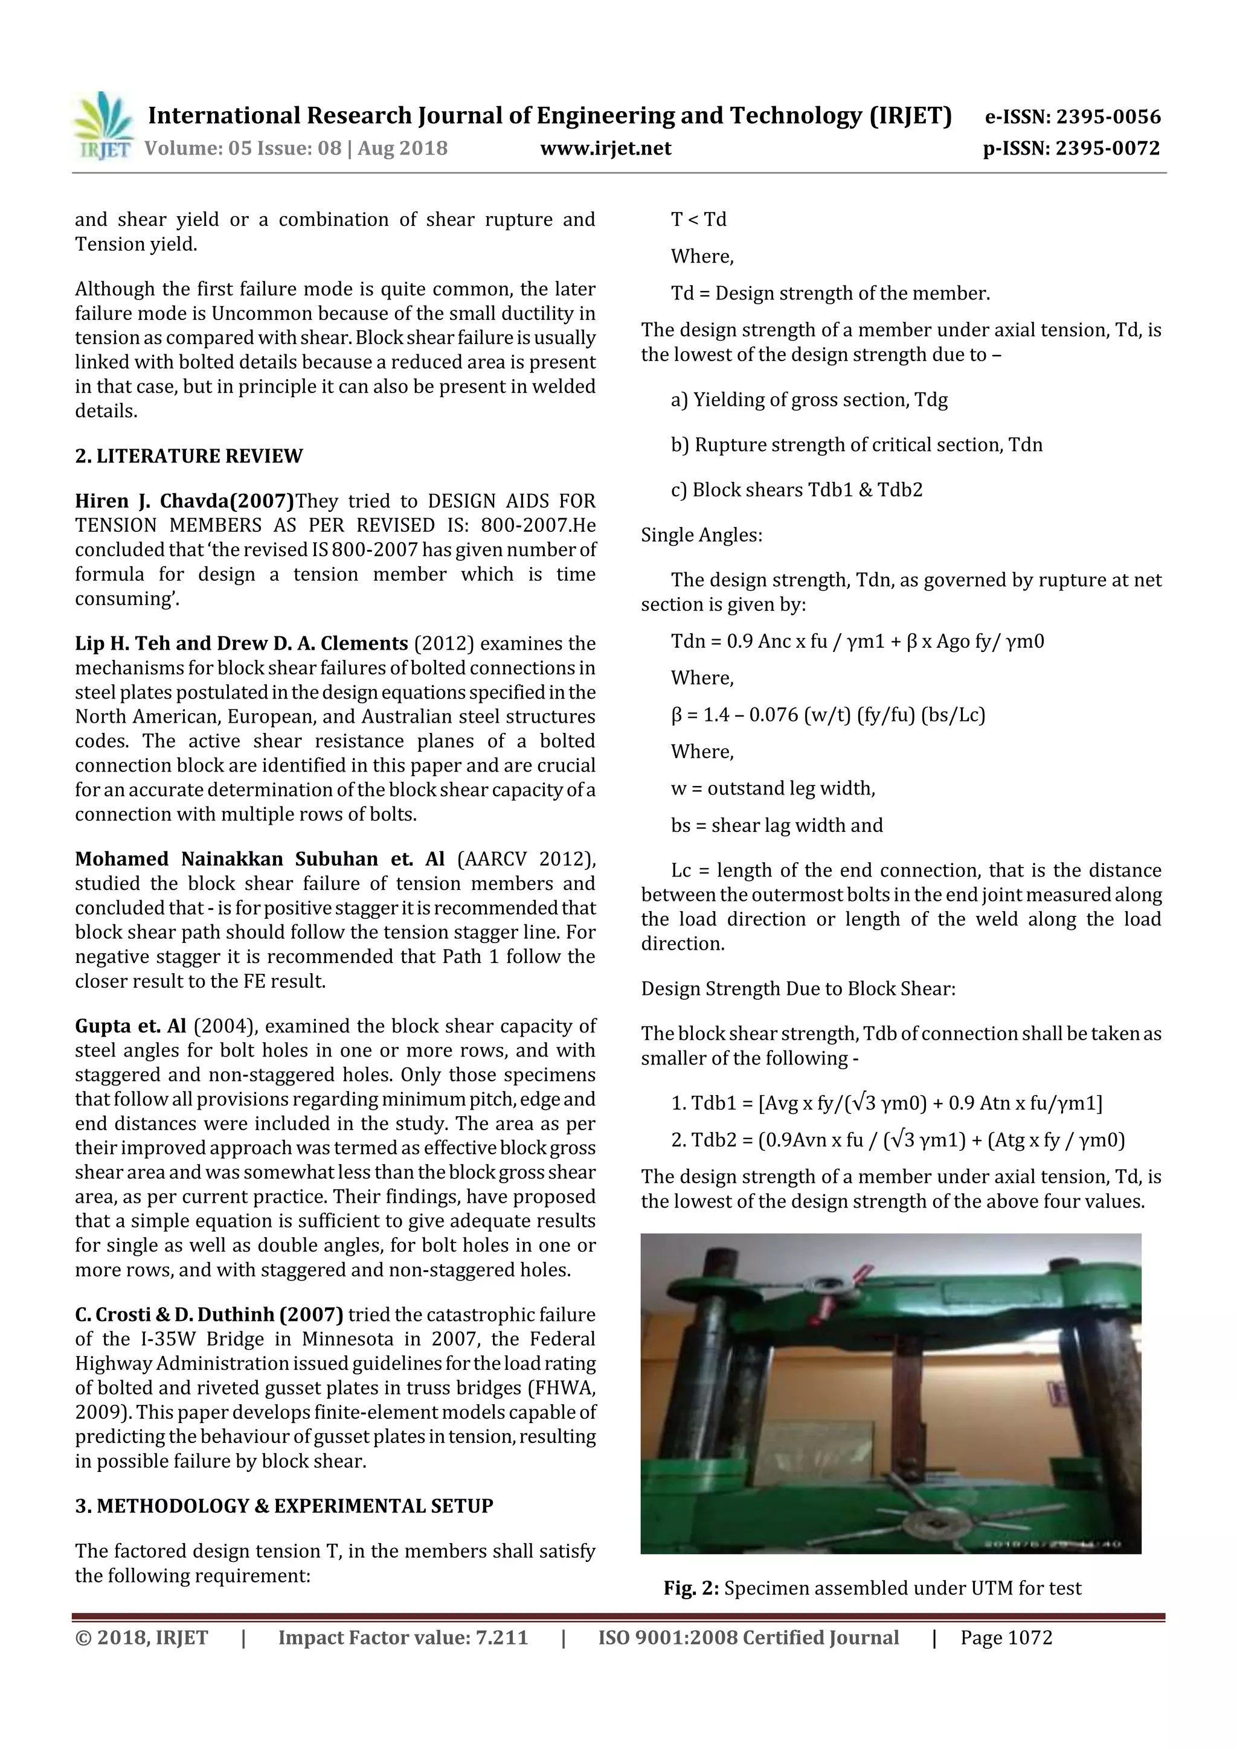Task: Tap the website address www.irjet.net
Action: (x=605, y=148)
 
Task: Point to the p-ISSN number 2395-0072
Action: (x=1071, y=148)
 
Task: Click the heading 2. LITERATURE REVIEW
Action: (x=188, y=456)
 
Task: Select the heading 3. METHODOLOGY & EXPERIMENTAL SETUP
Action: (x=283, y=1506)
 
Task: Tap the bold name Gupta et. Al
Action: (x=130, y=1026)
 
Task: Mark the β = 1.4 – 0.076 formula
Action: (x=827, y=715)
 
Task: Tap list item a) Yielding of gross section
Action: (x=809, y=400)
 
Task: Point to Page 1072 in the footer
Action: (x=1006, y=1638)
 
